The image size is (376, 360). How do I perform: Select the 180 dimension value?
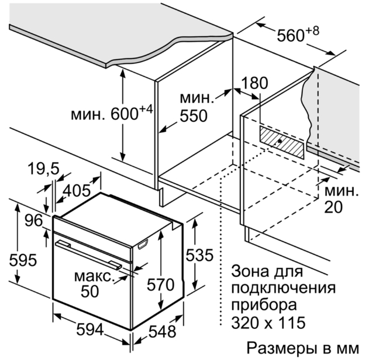click(254, 83)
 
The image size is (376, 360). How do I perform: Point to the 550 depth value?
click(194, 116)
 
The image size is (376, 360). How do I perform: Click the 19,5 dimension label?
click(43, 169)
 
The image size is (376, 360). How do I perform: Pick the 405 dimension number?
click(77, 191)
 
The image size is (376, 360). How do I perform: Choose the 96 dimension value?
click(34, 221)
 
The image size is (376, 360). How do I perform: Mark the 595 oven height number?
click(23, 260)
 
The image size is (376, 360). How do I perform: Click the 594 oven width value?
click(90, 330)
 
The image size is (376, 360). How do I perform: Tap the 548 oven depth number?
click(163, 332)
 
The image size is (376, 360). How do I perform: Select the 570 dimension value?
click(160, 284)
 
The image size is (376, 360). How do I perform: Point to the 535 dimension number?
click(199, 255)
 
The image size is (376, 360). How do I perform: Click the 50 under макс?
click(90, 292)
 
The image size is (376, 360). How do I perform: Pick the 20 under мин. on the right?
click(333, 207)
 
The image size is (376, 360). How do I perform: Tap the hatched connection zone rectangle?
click(281, 142)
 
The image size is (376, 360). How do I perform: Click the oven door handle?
click(89, 255)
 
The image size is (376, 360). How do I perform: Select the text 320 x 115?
click(268, 323)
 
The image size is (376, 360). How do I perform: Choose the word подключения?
click(283, 288)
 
